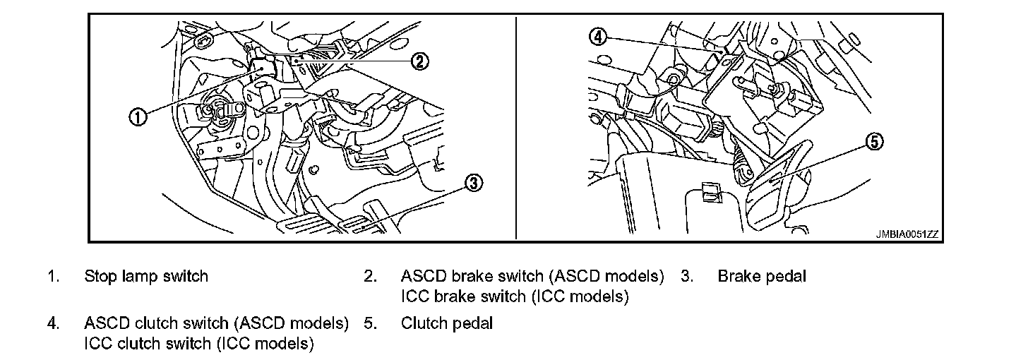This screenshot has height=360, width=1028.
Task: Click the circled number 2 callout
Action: point(419,61)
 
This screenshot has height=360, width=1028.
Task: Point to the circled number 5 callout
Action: point(874,143)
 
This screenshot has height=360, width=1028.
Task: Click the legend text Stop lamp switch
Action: point(146,276)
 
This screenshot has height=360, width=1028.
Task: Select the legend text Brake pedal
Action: point(761,276)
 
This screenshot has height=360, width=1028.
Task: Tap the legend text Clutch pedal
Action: point(447,323)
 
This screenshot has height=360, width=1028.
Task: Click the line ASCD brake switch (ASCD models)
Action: point(532,276)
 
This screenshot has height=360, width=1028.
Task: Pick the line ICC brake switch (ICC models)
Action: point(515,296)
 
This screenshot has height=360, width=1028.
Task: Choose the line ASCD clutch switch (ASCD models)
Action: point(217,323)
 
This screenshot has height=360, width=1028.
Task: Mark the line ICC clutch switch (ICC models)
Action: point(198,344)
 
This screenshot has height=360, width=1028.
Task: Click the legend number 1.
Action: point(52,276)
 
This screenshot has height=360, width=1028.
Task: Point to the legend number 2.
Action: point(370,276)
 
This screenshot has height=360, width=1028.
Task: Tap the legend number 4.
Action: point(52,323)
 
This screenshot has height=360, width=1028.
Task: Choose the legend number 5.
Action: point(370,323)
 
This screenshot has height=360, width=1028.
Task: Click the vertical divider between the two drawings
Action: point(516,127)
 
